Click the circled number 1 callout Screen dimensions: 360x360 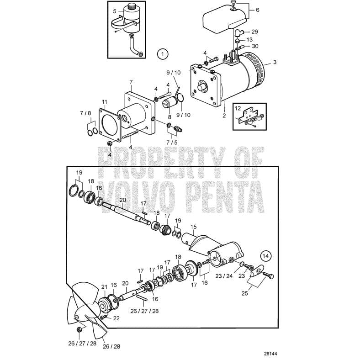pyautogui.click(x=161, y=53)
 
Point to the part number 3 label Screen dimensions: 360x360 pyautogui.click(x=275, y=62)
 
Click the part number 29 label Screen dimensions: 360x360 pyautogui.click(x=255, y=32)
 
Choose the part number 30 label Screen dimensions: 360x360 pyautogui.click(x=255, y=46)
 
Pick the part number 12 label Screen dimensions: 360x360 pyautogui.click(x=237, y=108)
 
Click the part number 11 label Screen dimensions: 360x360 pyautogui.click(x=105, y=101)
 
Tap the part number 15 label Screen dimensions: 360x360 pyautogui.click(x=193, y=227)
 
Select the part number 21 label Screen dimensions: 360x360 pyautogui.click(x=104, y=287)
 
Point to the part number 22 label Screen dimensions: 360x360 pyautogui.click(x=116, y=318)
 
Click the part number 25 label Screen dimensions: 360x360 pyautogui.click(x=245, y=293)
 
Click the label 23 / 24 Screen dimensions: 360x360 pyautogui.click(x=224, y=276)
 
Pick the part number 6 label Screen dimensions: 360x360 pyautogui.click(x=257, y=10)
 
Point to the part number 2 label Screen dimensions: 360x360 pyautogui.click(x=224, y=116)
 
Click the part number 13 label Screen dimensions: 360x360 pyautogui.click(x=249, y=39)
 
